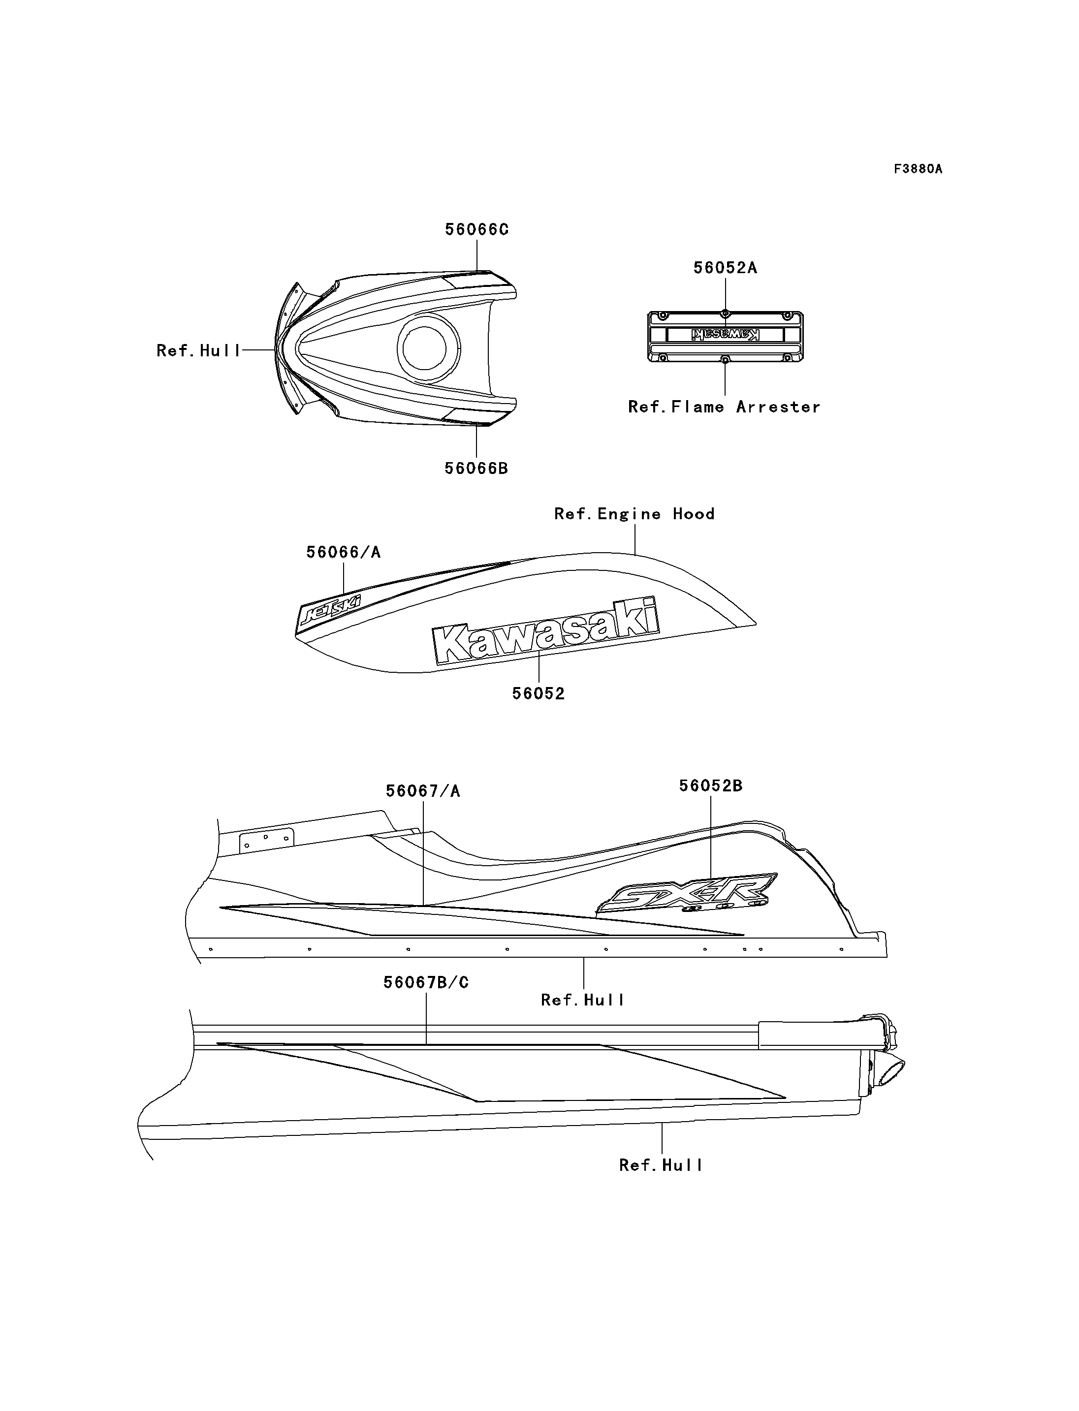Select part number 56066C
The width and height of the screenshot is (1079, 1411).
[x=476, y=230]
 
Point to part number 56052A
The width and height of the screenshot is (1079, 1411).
[x=725, y=268]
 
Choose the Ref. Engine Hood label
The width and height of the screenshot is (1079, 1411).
[x=635, y=514]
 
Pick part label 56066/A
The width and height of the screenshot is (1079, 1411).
[x=343, y=552]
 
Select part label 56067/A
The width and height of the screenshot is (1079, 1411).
[x=423, y=791]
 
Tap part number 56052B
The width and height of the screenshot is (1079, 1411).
[x=711, y=786]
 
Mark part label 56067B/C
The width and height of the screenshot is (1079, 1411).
[x=426, y=983]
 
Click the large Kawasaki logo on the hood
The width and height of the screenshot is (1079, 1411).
[x=546, y=630]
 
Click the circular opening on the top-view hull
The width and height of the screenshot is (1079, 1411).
[x=428, y=347]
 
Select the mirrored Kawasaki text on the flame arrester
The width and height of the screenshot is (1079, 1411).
[x=725, y=335]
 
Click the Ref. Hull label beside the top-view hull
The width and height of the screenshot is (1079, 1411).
[x=198, y=351]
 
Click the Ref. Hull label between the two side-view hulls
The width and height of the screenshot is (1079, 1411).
[x=582, y=1000]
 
